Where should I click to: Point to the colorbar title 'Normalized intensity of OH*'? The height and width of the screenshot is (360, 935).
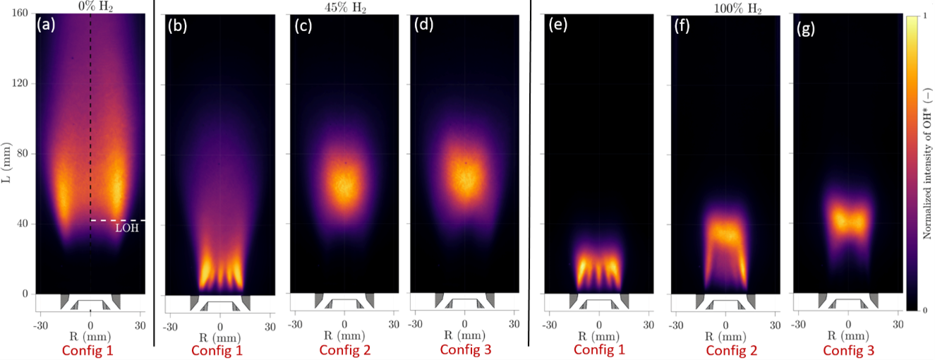(x=927, y=163)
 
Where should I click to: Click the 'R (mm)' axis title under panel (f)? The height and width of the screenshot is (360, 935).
(x=725, y=335)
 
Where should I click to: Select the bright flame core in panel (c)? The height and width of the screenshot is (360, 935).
(x=344, y=185)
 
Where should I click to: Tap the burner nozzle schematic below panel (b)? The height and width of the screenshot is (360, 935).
(x=219, y=304)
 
